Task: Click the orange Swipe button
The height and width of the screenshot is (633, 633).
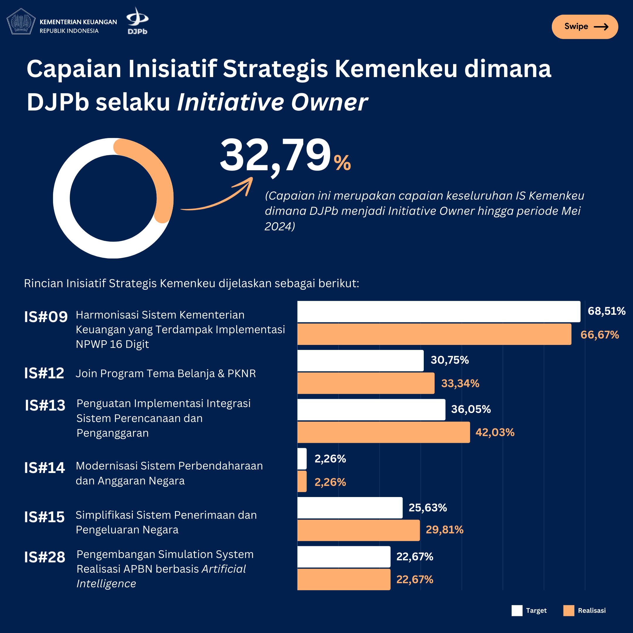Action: (x=585, y=27)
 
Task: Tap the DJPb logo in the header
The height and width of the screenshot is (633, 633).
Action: (x=137, y=21)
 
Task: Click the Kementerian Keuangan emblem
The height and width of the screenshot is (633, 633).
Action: (x=21, y=22)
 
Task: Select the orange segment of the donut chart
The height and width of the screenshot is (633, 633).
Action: (x=157, y=170)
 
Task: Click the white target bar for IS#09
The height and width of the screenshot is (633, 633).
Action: (x=438, y=311)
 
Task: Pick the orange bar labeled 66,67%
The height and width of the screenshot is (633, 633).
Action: (x=434, y=334)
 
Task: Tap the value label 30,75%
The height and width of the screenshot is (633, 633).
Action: (x=450, y=360)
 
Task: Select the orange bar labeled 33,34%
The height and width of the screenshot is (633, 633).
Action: (x=366, y=383)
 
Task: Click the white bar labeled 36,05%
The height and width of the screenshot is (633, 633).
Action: (x=371, y=409)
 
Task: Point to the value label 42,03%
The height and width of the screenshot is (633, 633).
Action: (x=495, y=433)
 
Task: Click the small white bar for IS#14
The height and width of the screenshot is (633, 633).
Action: (x=302, y=458)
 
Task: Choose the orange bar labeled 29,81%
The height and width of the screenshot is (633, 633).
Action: (x=358, y=530)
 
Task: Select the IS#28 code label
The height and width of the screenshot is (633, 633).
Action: (x=45, y=557)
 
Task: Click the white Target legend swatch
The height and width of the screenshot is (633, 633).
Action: (x=517, y=611)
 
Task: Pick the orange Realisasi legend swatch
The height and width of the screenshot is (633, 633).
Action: (x=569, y=611)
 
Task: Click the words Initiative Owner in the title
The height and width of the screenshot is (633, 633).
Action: (x=272, y=102)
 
